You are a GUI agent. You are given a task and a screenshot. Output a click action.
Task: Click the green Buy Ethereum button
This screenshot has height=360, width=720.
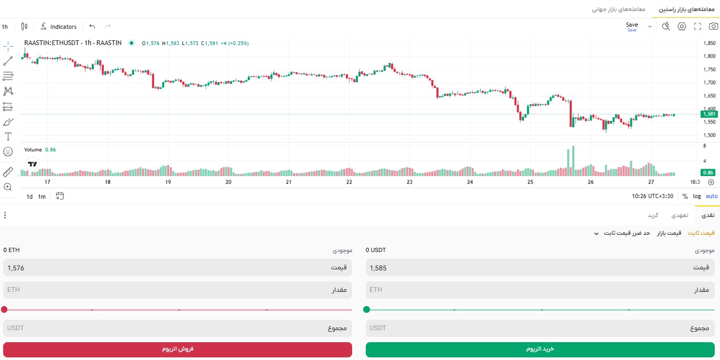[x=540, y=350]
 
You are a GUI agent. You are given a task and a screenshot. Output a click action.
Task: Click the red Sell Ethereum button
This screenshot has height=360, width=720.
[x=178, y=350]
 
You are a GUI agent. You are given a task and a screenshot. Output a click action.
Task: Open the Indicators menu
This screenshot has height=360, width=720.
[x=59, y=27]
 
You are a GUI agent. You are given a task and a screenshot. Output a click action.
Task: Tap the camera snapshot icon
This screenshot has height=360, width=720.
[x=713, y=26]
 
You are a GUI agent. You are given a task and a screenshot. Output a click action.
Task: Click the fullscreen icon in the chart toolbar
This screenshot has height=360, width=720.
[x=697, y=26]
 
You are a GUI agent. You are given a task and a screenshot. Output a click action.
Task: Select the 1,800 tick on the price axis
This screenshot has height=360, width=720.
[x=710, y=56]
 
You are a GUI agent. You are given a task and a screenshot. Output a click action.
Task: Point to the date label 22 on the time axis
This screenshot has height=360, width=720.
[x=349, y=182]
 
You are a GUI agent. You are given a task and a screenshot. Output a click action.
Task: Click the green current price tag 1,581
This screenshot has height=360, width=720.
[x=709, y=114]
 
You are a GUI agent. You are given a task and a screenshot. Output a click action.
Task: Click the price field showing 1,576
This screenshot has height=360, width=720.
[x=178, y=268]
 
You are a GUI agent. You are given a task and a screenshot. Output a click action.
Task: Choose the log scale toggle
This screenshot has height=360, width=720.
[x=697, y=196]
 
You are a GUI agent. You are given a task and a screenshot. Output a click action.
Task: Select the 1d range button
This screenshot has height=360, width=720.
[x=29, y=197]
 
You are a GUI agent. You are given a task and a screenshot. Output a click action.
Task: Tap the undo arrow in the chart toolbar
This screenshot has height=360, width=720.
[x=92, y=26]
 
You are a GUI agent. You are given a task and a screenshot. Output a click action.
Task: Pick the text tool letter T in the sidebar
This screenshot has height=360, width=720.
[x=8, y=137]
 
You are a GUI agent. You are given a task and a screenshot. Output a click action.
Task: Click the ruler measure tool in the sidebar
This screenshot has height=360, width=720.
[x=8, y=172]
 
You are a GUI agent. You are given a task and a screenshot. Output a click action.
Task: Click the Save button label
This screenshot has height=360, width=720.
[x=631, y=25]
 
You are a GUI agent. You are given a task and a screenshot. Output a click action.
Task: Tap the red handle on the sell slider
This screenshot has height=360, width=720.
[x=4, y=310]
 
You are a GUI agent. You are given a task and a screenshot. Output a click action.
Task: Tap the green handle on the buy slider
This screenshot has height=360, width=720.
[x=366, y=310]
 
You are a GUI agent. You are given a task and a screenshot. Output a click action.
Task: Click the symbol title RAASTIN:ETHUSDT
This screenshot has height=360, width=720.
[x=51, y=43]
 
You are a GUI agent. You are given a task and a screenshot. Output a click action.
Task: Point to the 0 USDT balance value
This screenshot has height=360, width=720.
[x=376, y=250]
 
